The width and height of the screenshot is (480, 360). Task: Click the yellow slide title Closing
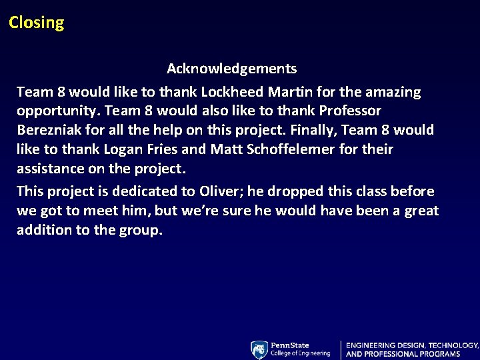(37, 23)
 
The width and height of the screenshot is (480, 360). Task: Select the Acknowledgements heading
(231, 69)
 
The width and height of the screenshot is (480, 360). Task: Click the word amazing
(393, 91)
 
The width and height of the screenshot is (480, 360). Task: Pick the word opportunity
(57, 111)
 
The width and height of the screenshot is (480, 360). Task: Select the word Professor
(349, 111)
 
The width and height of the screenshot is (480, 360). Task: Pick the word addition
(44, 230)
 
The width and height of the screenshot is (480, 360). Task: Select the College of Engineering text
(300, 353)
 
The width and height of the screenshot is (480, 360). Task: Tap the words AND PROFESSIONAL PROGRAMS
(403, 354)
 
